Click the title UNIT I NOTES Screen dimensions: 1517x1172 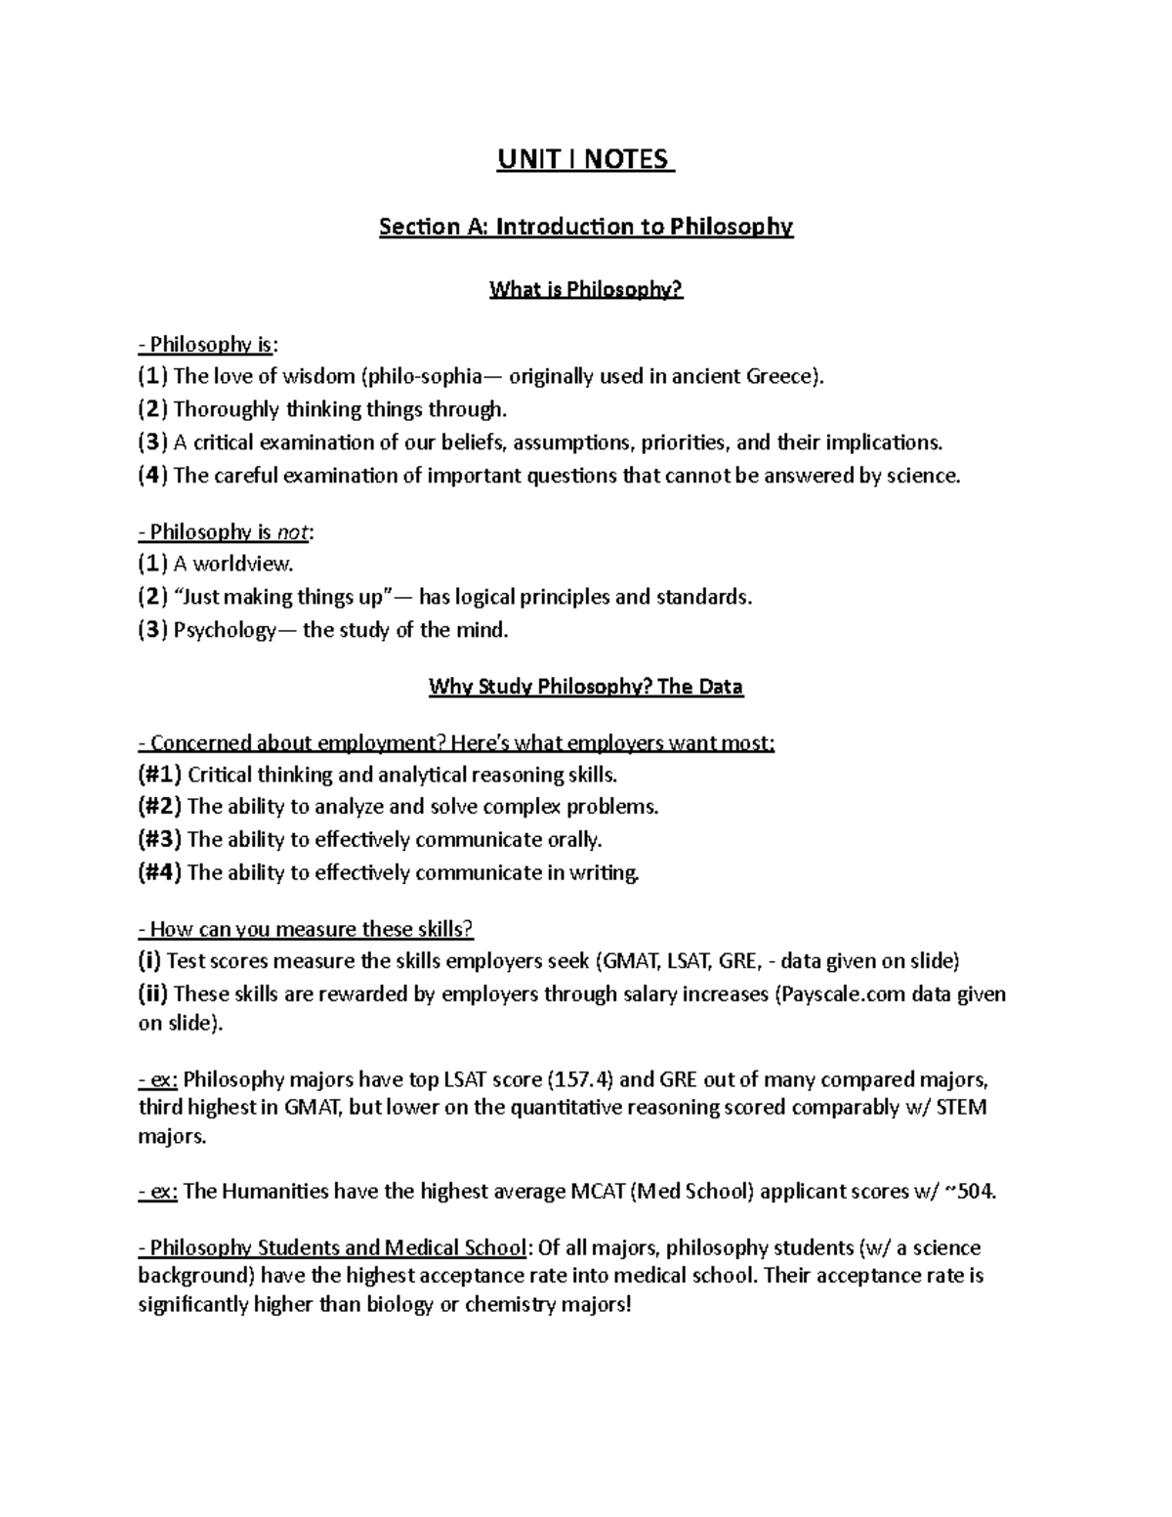tap(585, 159)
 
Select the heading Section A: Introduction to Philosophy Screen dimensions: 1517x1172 tap(586, 227)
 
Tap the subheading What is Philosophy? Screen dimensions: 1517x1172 tap(586, 290)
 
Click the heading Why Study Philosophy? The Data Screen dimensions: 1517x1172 tap(586, 687)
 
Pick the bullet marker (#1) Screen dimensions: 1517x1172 tap(159, 776)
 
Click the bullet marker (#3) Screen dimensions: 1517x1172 tap(159, 840)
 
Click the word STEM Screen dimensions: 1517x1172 tap(962, 1108)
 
